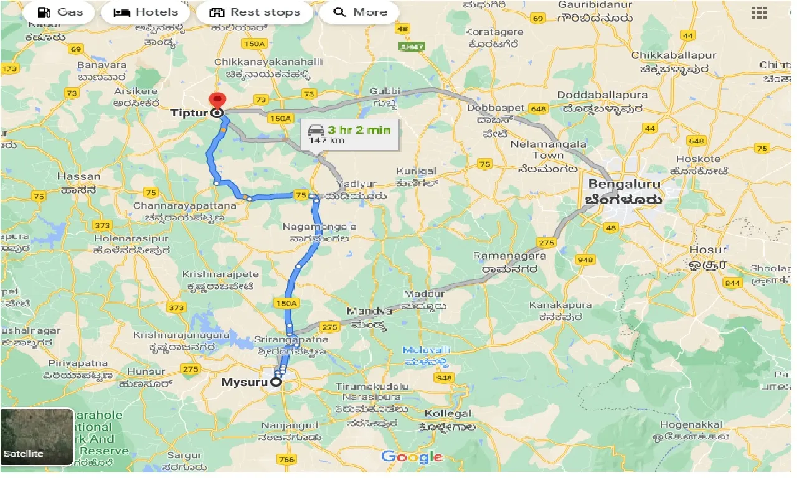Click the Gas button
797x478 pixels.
[50, 12]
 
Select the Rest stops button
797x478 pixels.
[255, 12]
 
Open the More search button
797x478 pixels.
[360, 12]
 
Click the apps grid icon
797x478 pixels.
[759, 12]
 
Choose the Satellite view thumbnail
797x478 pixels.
[37, 437]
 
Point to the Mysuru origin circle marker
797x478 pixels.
[276, 383]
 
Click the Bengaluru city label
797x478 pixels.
[625, 184]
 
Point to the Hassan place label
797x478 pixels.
[78, 177]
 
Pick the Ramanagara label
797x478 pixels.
[509, 256]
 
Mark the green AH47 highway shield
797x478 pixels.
[408, 46]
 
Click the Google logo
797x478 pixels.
[412, 457]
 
